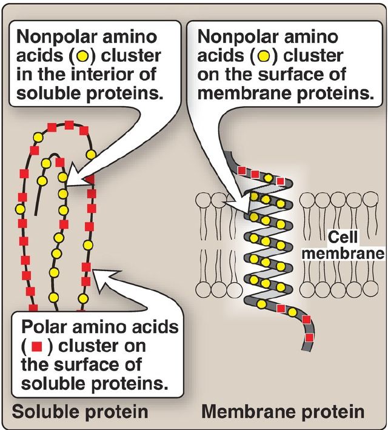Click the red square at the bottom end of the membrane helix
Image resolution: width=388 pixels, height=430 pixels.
coord(309,337)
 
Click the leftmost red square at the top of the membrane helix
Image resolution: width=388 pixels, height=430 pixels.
coord(242,171)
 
